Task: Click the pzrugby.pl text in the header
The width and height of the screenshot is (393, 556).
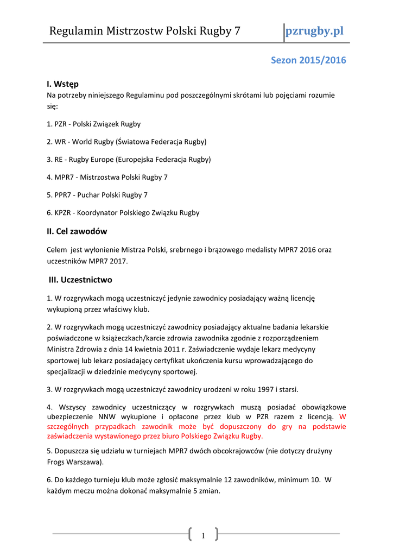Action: [x=315, y=30]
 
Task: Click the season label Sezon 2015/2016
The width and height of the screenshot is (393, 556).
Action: [x=308, y=60]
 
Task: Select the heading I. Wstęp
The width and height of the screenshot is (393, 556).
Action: [x=62, y=84]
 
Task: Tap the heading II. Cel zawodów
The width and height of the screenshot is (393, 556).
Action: [x=77, y=231]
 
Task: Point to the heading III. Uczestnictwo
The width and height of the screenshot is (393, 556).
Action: [x=80, y=280]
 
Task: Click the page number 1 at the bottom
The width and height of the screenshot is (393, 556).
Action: [x=202, y=536]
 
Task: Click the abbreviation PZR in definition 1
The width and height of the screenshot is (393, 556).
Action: [x=61, y=124]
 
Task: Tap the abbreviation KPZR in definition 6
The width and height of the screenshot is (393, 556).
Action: [x=64, y=213]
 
